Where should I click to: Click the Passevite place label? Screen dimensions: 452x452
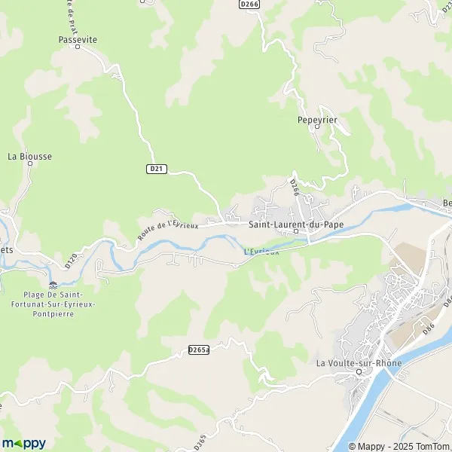click(78, 39)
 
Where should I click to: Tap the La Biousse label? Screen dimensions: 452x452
click(30, 156)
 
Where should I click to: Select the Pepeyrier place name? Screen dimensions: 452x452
click(316, 119)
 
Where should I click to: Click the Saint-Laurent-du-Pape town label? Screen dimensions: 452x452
click(296, 224)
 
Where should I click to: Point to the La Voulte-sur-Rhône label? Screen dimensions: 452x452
click(359, 364)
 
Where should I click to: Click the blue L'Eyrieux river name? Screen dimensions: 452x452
click(261, 252)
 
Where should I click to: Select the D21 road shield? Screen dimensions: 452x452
click(156, 169)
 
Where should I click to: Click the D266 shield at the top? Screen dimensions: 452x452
click(249, 4)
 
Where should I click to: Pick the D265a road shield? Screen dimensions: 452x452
click(198, 350)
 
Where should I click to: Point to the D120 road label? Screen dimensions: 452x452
click(72, 261)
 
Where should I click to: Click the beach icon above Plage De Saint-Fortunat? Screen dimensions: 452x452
click(53, 285)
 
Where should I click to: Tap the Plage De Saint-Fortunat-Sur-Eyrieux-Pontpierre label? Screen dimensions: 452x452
click(53, 304)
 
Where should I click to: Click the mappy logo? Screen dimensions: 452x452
click(23, 443)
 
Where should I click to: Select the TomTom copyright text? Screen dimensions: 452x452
click(425, 444)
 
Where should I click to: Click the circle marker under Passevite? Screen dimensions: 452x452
click(78, 47)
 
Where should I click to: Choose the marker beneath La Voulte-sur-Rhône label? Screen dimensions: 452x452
click(359, 372)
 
